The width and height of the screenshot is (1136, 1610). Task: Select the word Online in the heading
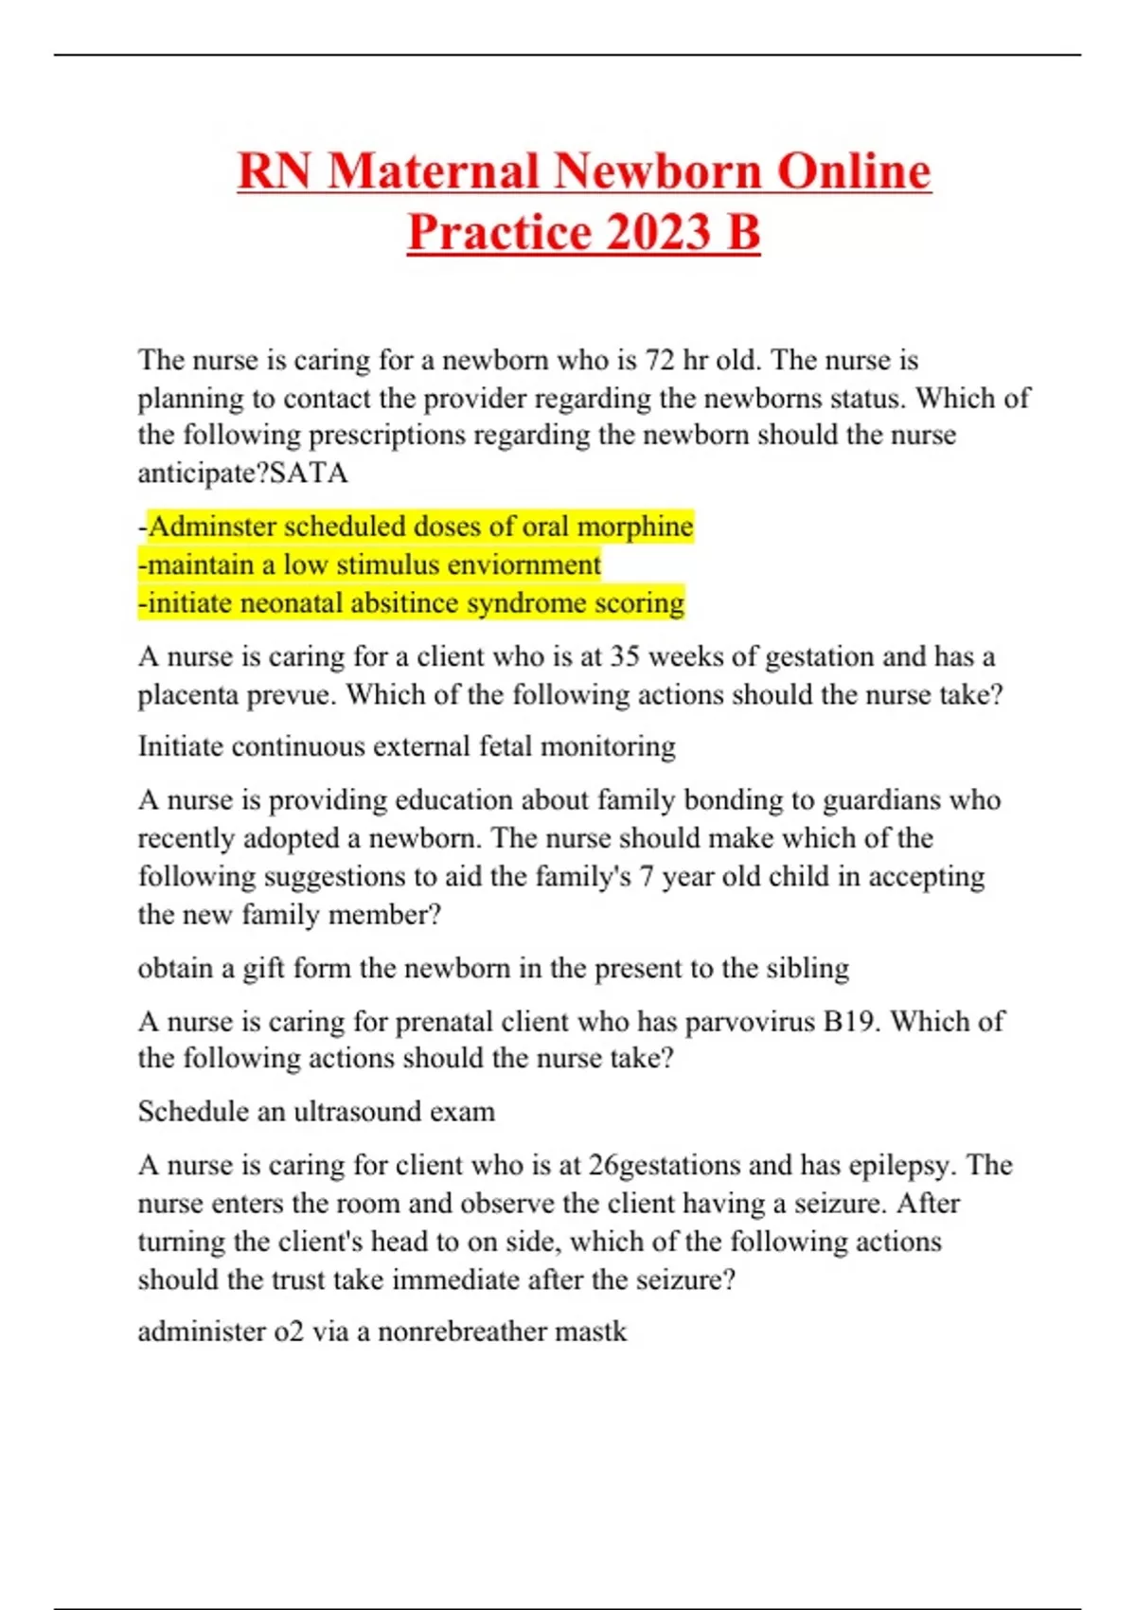854,171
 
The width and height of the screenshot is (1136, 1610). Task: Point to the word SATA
309,473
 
